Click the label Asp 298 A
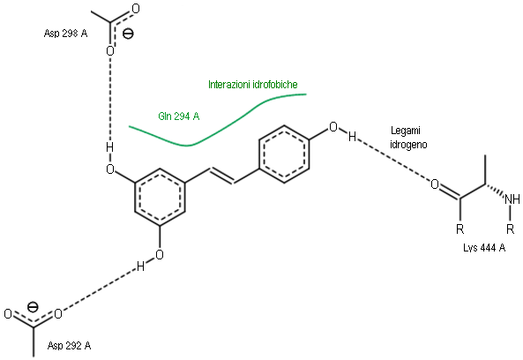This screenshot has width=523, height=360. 66,34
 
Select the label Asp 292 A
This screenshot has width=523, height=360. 69,345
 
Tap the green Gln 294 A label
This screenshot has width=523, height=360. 179,116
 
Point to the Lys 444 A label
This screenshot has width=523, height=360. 484,248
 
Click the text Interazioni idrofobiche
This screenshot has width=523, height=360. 253,85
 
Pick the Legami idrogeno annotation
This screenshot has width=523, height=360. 408,137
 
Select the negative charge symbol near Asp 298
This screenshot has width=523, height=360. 128,34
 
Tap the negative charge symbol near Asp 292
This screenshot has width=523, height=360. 33,306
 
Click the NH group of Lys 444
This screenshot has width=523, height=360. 512,199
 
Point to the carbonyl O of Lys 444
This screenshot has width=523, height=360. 435,184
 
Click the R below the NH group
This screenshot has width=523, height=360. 510,229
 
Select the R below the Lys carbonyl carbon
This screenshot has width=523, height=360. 460,229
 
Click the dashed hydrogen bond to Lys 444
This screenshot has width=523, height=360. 393,160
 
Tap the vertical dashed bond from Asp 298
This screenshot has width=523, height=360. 109,99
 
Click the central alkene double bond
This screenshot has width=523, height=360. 221,176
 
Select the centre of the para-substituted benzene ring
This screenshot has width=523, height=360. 284,154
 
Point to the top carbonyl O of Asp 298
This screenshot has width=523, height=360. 136,9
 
